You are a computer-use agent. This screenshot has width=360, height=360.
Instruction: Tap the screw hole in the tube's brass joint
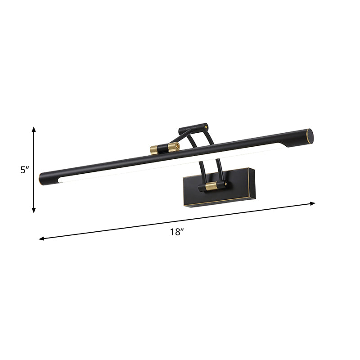[177, 146]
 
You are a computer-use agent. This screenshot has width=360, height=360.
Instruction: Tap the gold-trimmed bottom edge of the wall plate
[216, 201]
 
